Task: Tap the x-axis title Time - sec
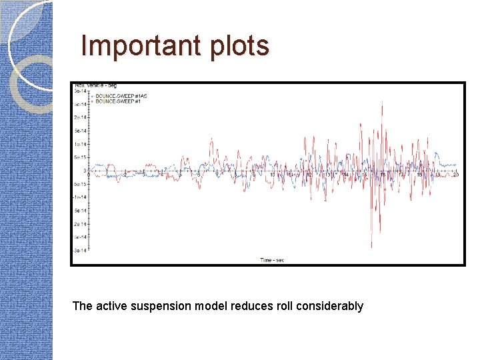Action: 271,259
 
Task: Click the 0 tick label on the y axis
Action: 85,171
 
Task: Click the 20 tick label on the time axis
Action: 455,175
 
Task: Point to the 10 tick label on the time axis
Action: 271,175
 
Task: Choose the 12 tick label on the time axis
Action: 308,175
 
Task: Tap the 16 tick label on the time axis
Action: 381,175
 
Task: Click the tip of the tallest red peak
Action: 381,101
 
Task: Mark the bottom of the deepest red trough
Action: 372,248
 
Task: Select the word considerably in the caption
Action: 331,306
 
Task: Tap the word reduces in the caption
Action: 256,306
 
